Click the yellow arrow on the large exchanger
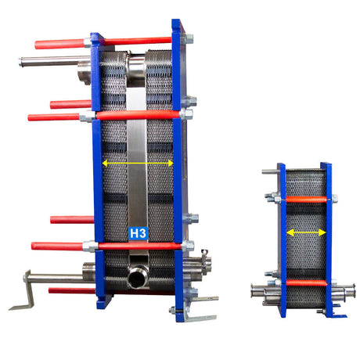[138, 163]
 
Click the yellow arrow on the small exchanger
[304, 232]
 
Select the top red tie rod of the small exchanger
[304, 200]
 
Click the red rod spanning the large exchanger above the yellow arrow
[137, 114]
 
